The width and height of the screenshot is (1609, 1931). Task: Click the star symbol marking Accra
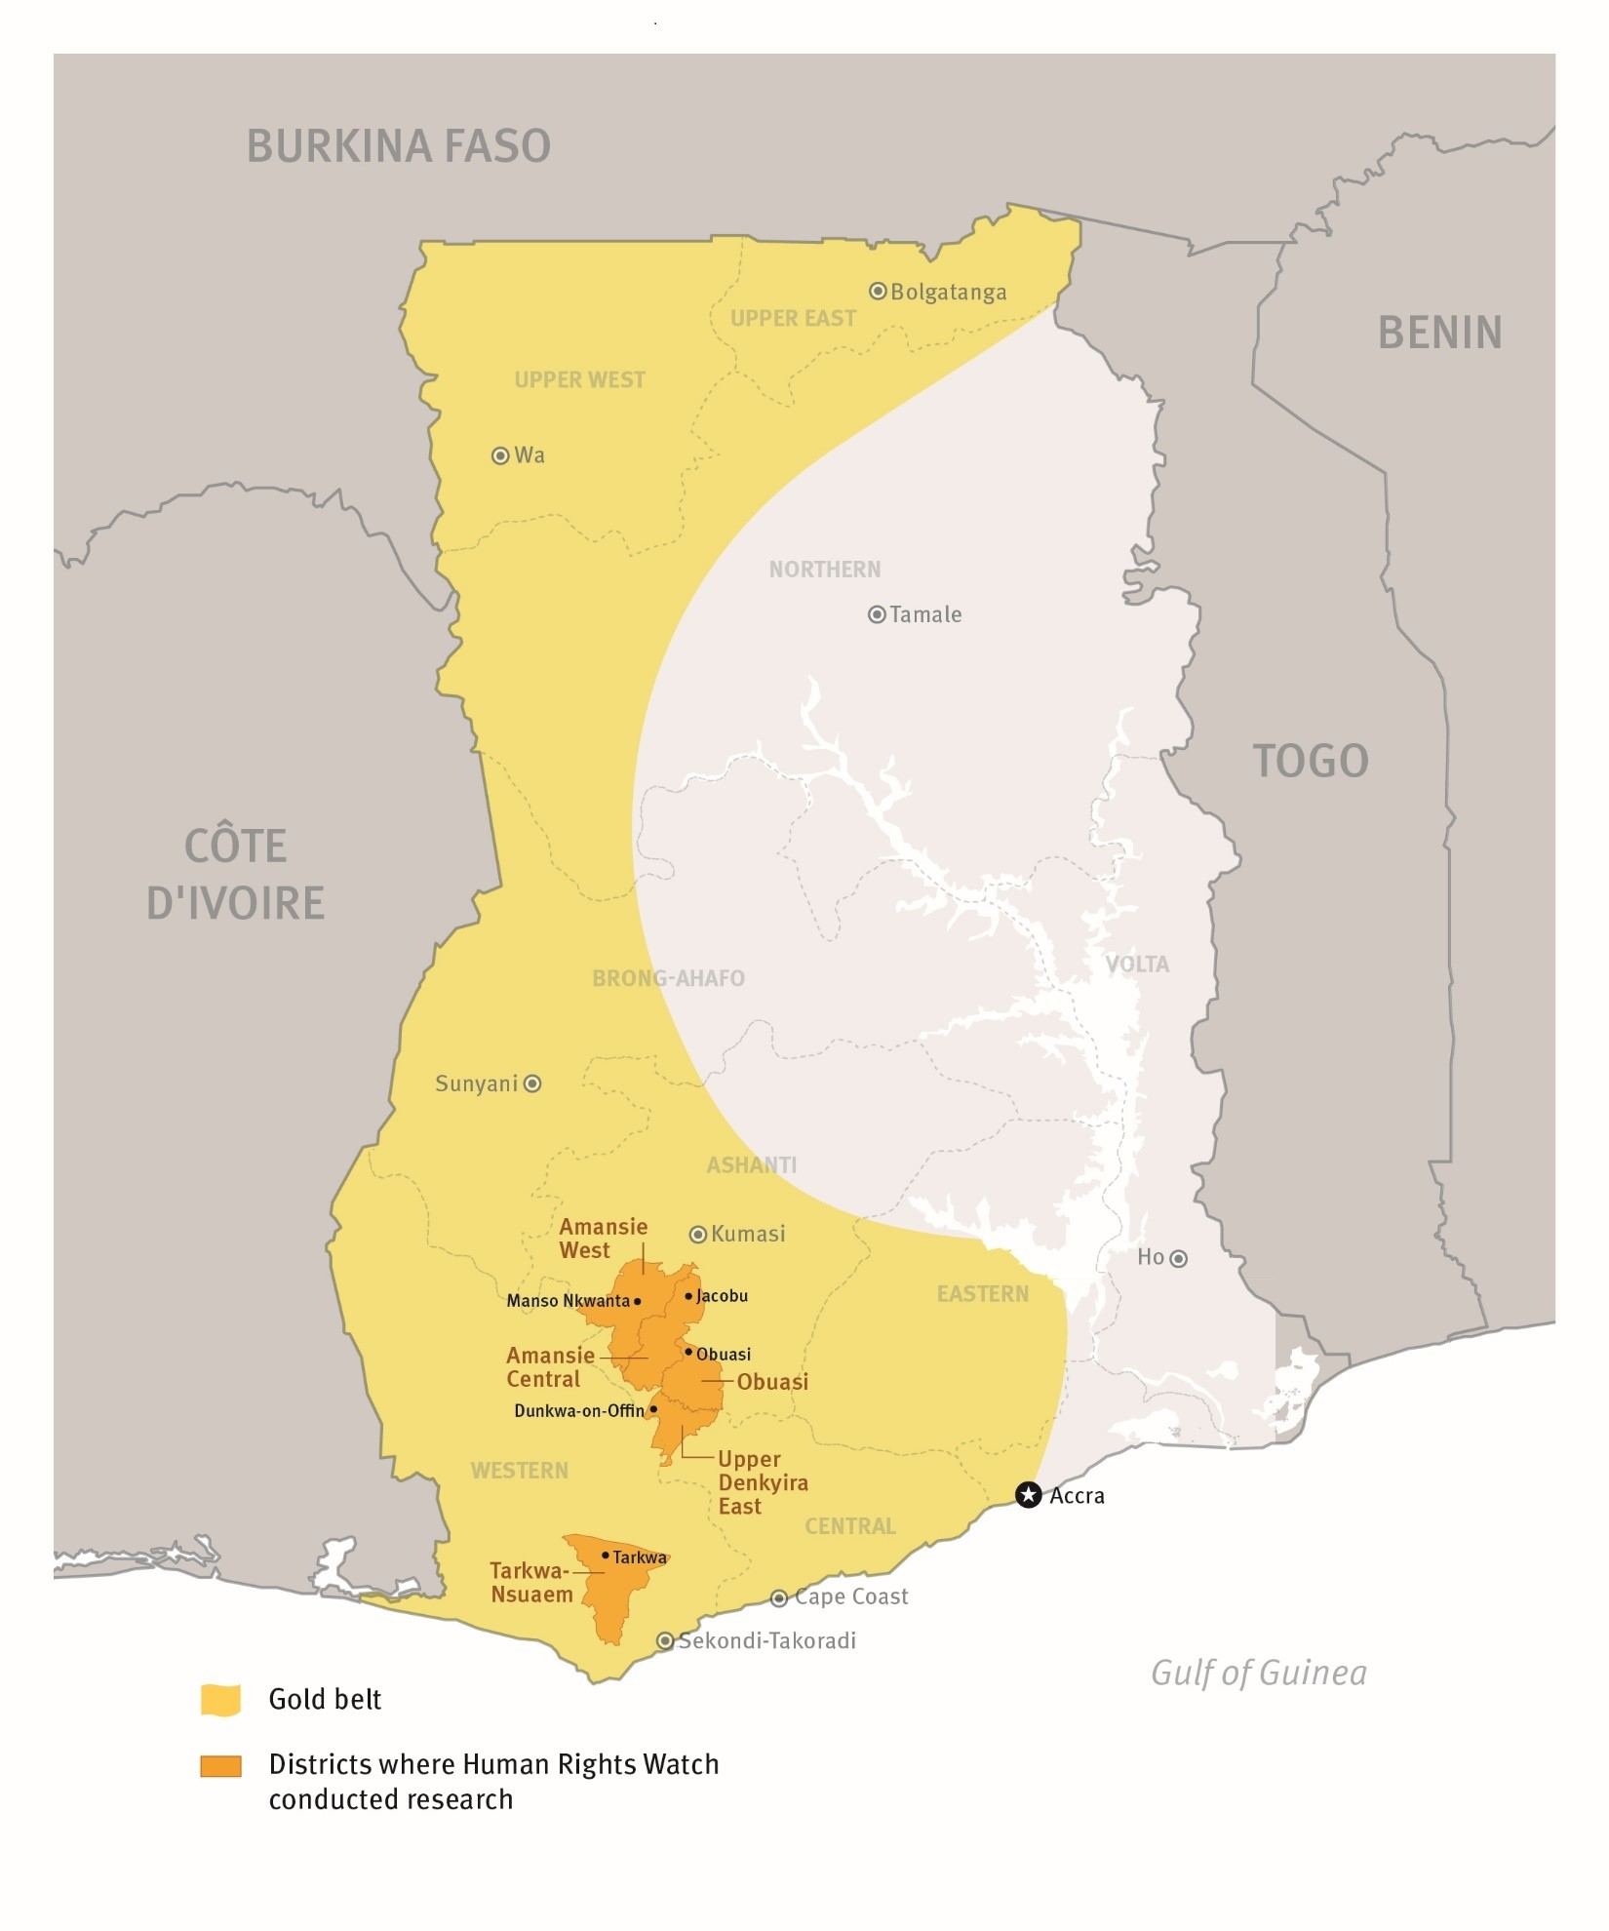[x=1028, y=1495]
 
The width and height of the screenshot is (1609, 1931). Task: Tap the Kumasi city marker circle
[x=698, y=1235]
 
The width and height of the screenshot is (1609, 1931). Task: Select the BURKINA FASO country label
[x=398, y=146]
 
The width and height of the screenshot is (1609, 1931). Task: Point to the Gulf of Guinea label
[x=1258, y=1674]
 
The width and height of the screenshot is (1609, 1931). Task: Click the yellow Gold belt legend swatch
[x=220, y=1700]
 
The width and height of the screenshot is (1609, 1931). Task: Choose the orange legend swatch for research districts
[x=220, y=1766]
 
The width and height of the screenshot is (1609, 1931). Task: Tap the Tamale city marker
[x=877, y=614]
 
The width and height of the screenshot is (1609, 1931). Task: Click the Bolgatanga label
[x=948, y=293]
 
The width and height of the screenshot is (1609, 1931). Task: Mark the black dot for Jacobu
[x=688, y=1296]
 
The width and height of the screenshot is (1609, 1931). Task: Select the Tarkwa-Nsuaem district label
[x=530, y=1582]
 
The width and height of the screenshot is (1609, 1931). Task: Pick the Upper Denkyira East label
[x=762, y=1482]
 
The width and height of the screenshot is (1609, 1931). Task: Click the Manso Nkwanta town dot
[x=638, y=1301]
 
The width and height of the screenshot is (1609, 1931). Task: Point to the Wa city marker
[x=500, y=455]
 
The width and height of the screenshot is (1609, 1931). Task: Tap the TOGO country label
[x=1310, y=761]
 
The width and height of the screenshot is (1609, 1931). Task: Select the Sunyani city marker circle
[x=532, y=1084]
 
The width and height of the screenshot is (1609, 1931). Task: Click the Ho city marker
[x=1178, y=1259]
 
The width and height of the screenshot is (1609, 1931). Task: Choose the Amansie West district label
[x=602, y=1239]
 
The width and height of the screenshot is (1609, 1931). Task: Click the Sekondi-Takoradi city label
[x=766, y=1641]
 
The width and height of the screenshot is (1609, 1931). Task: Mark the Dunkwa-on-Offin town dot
[x=653, y=1409]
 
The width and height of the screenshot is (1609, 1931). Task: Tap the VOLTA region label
[x=1136, y=965]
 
